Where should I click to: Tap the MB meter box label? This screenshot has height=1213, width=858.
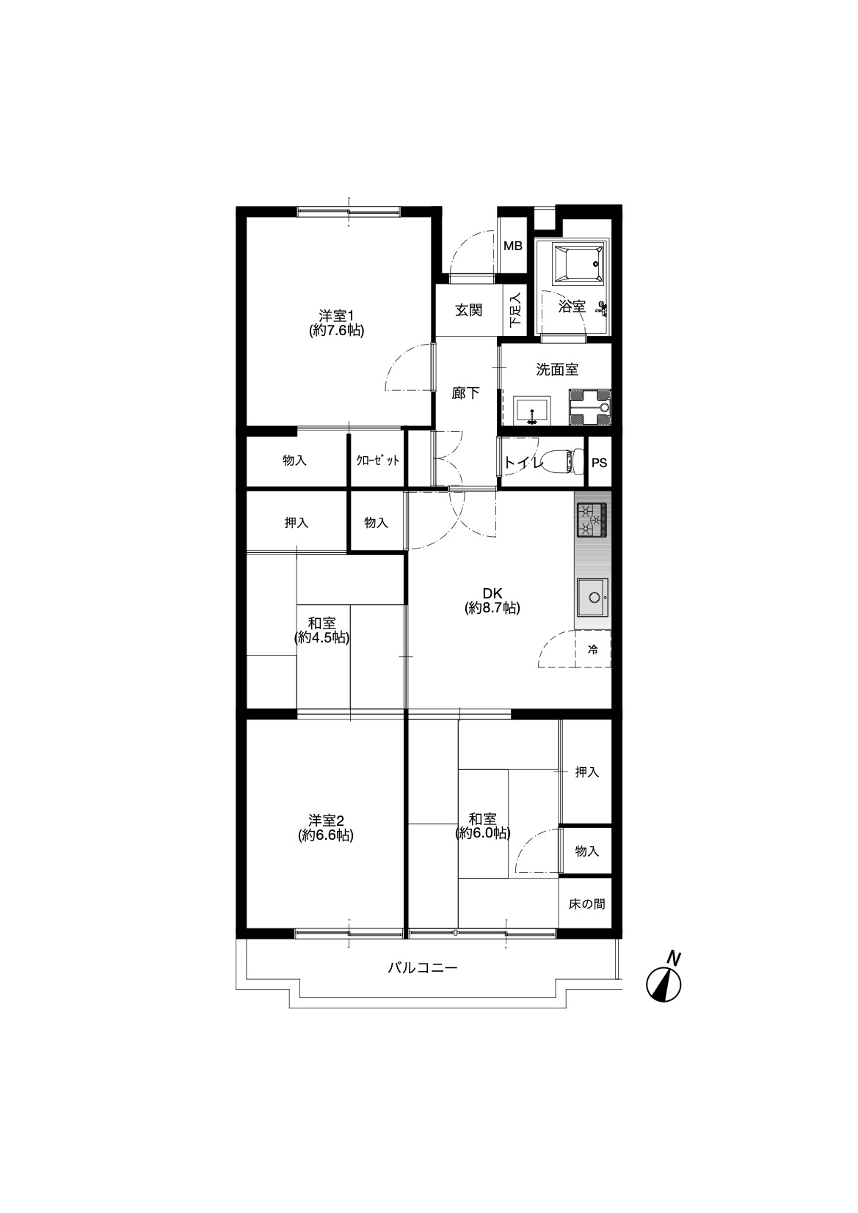[513, 246]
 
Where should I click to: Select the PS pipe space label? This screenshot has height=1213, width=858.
[599, 463]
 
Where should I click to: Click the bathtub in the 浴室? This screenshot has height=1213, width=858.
[577, 263]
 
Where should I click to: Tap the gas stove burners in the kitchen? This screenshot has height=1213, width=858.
[592, 520]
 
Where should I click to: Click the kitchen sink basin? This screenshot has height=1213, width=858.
[592, 597]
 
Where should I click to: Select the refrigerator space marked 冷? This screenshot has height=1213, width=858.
[593, 649]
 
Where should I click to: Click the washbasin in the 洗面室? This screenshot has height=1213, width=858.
[532, 411]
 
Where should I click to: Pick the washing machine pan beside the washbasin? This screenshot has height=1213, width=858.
[589, 408]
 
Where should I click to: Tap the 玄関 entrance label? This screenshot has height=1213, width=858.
[468, 310]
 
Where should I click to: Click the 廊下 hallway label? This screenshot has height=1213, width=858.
[465, 392]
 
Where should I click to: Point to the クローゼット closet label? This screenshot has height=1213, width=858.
[377, 461]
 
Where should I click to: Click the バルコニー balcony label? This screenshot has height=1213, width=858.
[422, 967]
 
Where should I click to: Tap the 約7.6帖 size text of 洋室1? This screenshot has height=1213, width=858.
[336, 330]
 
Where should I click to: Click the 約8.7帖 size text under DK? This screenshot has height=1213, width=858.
[492, 608]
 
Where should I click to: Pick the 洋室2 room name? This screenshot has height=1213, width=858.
[326, 821]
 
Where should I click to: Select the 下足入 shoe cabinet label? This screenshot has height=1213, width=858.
[515, 309]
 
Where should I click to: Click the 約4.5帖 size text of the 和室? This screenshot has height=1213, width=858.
[322, 637]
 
